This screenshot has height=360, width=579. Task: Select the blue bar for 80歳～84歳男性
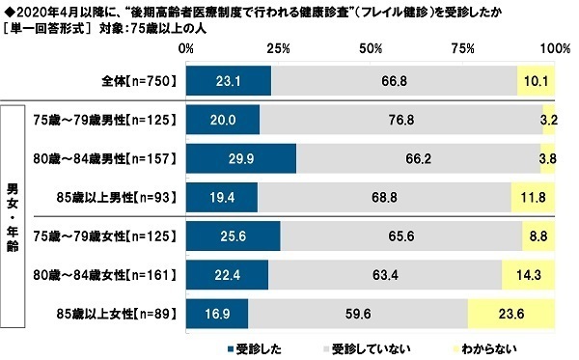240,158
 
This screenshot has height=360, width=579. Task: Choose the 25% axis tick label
278,47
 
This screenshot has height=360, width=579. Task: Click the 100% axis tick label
553,47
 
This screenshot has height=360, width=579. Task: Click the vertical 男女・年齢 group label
15,215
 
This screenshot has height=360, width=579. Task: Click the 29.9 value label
240,158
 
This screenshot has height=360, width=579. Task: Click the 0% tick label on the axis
186,47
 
